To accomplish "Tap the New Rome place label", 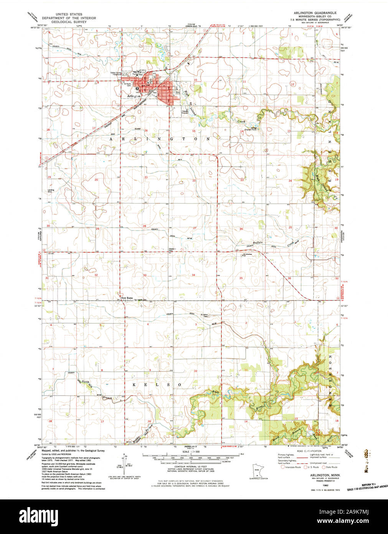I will [127, 298].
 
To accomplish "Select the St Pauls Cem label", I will [127, 84].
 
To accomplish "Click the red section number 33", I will [145, 275].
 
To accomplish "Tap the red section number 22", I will [194, 180].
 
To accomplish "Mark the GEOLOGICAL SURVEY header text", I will [69, 22].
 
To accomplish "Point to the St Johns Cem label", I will [206, 315].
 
